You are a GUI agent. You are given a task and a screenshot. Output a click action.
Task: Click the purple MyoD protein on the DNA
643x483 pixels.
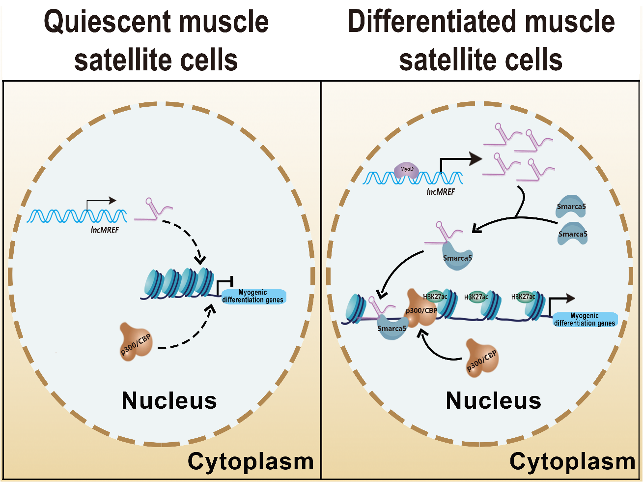click(x=406, y=170)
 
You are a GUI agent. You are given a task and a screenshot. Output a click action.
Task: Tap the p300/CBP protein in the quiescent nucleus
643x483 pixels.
click(x=136, y=342)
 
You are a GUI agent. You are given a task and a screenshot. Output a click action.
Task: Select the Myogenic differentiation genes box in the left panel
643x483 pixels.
click(x=253, y=296)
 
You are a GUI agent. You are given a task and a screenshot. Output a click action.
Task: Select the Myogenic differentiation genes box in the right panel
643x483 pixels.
click(x=584, y=320)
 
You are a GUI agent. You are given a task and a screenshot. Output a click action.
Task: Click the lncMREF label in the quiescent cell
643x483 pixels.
click(x=105, y=230)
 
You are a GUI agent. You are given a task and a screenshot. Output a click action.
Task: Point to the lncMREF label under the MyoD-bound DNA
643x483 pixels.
click(x=441, y=192)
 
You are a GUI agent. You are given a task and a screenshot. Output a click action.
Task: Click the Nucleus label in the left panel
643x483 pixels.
click(x=169, y=400)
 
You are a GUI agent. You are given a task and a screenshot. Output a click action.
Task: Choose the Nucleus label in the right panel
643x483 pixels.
click(x=493, y=400)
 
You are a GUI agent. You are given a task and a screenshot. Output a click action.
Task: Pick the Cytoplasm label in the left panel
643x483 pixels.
click(x=251, y=461)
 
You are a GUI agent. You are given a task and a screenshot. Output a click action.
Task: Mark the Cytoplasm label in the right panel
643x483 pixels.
click(x=572, y=461)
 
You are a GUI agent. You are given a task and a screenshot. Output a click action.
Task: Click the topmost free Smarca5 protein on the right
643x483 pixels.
click(x=571, y=207)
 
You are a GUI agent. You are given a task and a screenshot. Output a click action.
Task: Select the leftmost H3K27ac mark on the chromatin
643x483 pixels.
click(x=435, y=297)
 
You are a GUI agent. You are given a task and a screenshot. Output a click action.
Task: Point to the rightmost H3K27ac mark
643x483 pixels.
click(x=523, y=297)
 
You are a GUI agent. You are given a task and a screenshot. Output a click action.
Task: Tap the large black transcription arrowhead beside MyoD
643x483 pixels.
click(x=475, y=158)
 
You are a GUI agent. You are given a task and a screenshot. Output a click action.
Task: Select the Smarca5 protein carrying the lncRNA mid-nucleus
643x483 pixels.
click(x=457, y=258)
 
